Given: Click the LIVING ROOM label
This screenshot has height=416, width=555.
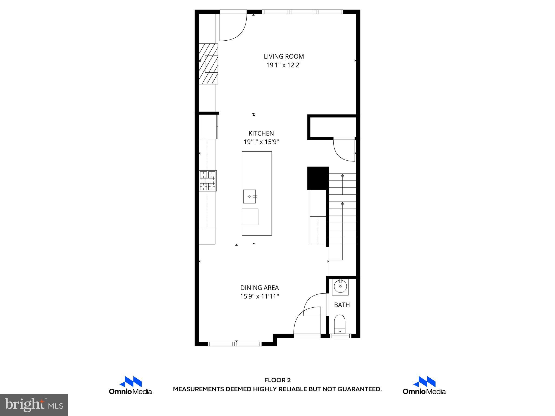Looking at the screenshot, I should (284, 56).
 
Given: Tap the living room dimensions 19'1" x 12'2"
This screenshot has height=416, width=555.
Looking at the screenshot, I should (284, 65).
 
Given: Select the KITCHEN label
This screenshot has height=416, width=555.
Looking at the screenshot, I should (261, 133).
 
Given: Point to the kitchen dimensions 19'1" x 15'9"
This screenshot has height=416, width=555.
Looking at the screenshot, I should (261, 142).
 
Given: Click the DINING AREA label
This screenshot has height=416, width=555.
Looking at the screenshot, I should (259, 288).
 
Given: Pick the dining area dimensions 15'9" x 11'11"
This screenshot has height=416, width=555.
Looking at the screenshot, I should (259, 296).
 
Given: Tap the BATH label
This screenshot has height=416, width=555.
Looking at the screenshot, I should (342, 305).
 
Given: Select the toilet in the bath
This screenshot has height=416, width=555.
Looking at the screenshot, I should (340, 324).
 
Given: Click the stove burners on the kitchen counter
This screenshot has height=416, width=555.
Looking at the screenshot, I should (208, 181).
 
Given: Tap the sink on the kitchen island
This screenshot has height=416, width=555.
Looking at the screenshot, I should (249, 196).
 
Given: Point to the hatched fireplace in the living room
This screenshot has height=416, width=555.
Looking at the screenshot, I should (208, 64).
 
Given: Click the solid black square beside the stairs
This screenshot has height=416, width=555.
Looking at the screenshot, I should (318, 178).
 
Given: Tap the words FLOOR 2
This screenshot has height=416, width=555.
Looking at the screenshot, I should (277, 380).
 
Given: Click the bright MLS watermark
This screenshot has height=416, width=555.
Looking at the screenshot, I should (34, 405).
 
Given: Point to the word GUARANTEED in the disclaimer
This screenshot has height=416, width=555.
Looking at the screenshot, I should (359, 389).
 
